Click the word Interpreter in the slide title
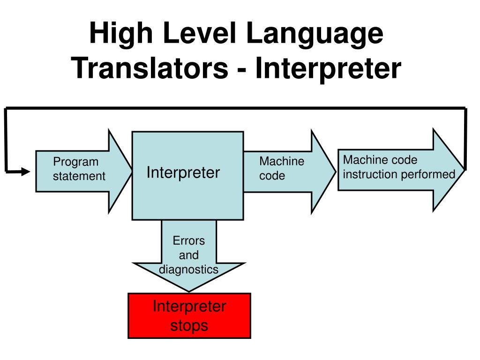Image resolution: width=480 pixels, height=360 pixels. (x=328, y=68)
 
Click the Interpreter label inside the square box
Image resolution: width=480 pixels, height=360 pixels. (x=183, y=172)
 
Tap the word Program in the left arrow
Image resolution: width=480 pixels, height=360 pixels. (x=75, y=162)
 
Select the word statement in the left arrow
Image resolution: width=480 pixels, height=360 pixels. (x=79, y=176)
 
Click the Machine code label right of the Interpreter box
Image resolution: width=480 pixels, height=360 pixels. (x=281, y=169)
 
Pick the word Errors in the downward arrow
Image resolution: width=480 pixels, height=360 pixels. (x=189, y=241)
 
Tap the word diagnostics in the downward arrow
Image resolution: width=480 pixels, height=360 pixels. (x=188, y=269)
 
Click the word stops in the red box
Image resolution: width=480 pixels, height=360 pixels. (x=189, y=325)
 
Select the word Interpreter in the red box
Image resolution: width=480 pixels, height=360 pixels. (x=189, y=307)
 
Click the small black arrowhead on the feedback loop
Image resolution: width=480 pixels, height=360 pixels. (x=25, y=172)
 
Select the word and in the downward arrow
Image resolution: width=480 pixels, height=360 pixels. (x=189, y=255)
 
